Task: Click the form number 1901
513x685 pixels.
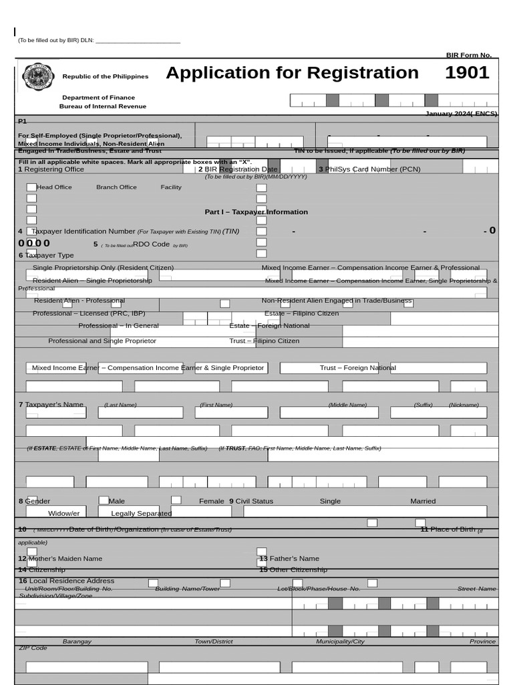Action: click(x=467, y=73)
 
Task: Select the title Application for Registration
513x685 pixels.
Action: click(x=292, y=73)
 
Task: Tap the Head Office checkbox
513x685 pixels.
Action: click(x=31, y=187)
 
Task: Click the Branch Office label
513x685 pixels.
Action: click(x=116, y=187)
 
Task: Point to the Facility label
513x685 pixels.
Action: click(x=170, y=187)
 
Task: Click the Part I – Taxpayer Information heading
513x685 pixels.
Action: click(x=256, y=212)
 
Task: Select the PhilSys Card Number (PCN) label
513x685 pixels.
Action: click(x=369, y=169)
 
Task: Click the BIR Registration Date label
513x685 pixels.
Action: click(x=238, y=169)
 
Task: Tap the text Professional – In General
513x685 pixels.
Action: click(x=118, y=326)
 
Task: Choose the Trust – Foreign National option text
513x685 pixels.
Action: click(x=357, y=368)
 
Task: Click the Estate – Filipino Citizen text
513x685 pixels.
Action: click(x=301, y=313)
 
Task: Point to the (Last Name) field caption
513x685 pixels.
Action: click(x=120, y=405)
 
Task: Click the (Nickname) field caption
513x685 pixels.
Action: click(x=464, y=405)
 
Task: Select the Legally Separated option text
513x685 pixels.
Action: click(x=141, y=513)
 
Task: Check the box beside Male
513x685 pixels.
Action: click(x=104, y=500)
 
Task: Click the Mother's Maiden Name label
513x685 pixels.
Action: click(x=60, y=559)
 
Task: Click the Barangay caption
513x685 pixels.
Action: click(x=77, y=642)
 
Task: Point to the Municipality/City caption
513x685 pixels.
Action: click(x=340, y=642)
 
